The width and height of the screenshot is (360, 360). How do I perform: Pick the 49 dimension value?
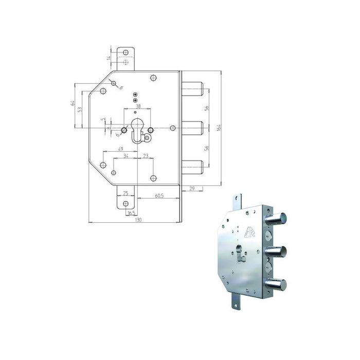[x=120, y=149]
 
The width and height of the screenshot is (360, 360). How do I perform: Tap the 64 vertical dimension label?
[x=74, y=104]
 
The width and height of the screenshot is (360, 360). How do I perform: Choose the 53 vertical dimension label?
[x=80, y=110]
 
